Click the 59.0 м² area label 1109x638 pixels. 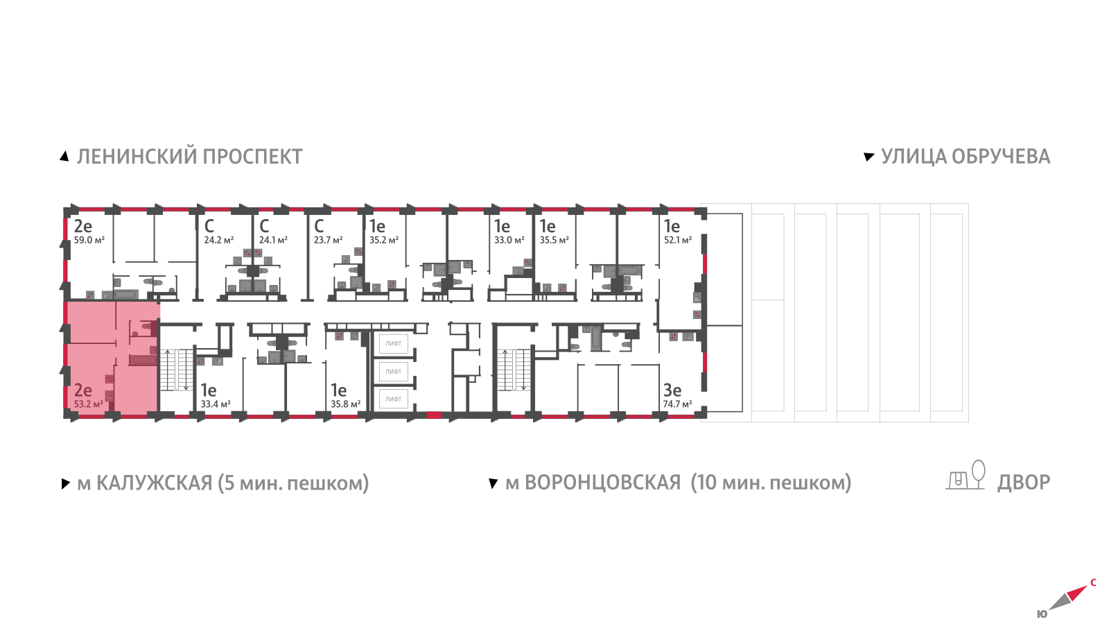[89, 241]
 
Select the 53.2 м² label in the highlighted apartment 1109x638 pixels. [88, 404]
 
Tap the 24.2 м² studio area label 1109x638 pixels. [218, 241]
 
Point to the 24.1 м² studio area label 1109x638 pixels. [273, 241]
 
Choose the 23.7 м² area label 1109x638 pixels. [328, 241]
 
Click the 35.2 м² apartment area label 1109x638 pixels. [383, 241]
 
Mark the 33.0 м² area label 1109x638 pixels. [509, 241]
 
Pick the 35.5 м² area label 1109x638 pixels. [554, 241]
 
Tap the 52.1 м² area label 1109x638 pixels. [677, 241]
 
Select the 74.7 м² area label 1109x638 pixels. [677, 404]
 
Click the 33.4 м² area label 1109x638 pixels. [215, 404]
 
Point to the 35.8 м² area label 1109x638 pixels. [345, 404]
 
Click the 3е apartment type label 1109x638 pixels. [672, 390]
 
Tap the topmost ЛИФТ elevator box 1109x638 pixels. [394, 343]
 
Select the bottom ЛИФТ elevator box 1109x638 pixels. [394, 399]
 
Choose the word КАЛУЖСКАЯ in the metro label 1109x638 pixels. [154, 483]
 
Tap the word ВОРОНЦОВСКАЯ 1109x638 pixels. [602, 483]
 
